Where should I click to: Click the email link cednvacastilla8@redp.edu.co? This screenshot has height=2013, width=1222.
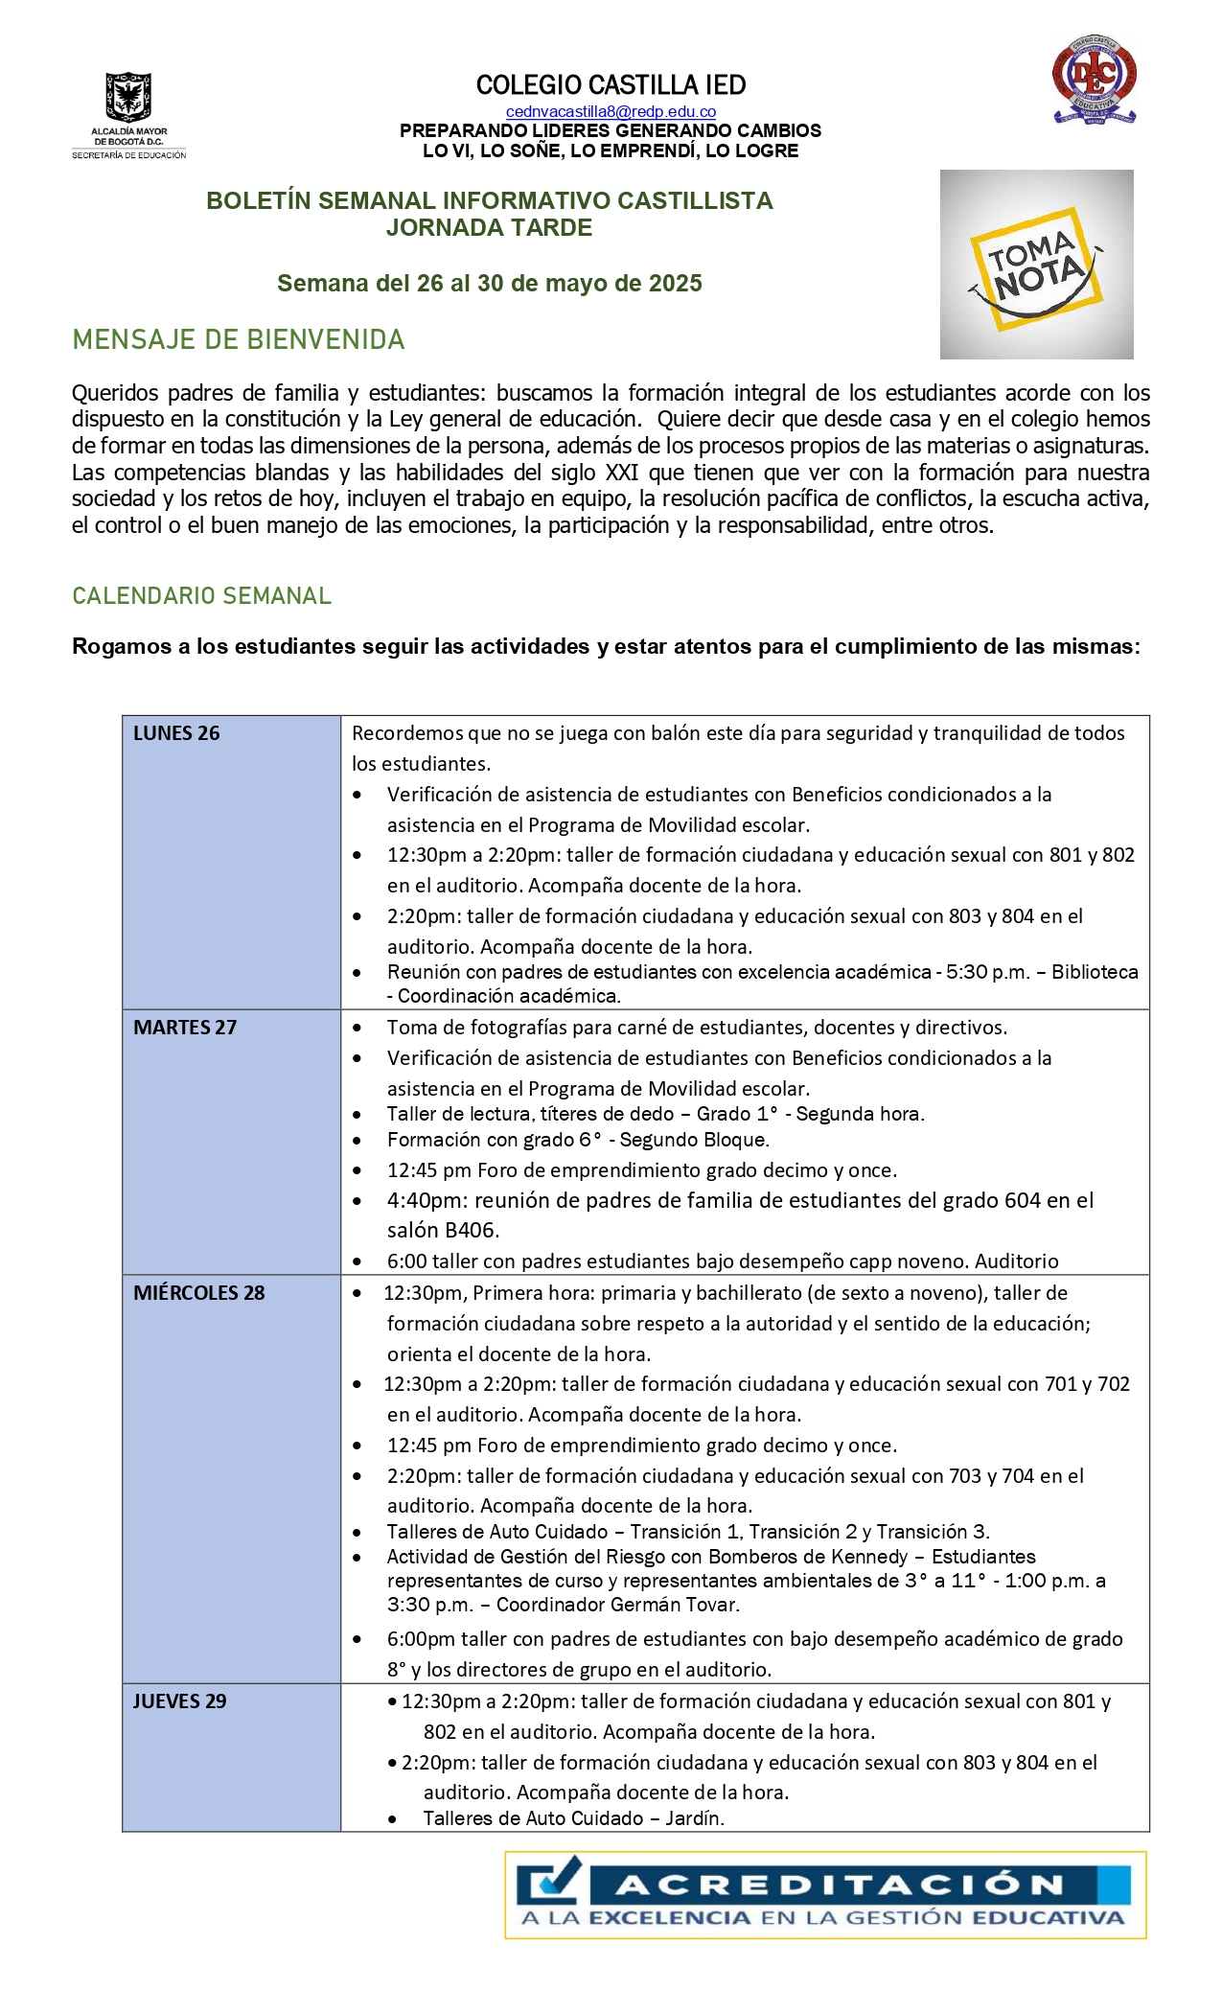[x=611, y=112]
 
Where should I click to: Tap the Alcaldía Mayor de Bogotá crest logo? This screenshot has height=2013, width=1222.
[x=129, y=98]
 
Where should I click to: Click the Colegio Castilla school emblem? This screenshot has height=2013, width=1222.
[x=1094, y=81]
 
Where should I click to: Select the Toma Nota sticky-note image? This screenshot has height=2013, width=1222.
[x=1036, y=265]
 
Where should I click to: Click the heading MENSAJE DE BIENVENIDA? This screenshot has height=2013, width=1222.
[x=239, y=340]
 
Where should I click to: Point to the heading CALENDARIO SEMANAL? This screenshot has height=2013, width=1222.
[x=201, y=596]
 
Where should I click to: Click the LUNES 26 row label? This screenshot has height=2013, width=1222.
[x=176, y=733]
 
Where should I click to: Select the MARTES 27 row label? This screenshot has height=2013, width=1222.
[x=185, y=1028]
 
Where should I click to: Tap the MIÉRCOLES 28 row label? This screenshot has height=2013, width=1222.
[x=198, y=1293]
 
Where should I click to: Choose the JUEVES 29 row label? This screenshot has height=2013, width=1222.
[x=179, y=1701]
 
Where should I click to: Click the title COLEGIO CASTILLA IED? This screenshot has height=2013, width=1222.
[x=611, y=85]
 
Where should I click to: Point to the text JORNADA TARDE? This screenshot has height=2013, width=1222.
[x=489, y=228]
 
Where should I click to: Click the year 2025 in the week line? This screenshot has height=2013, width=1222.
[x=676, y=284]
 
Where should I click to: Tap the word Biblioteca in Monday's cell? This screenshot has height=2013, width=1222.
[x=1095, y=972]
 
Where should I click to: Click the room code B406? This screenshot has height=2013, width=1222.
[x=472, y=1231]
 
